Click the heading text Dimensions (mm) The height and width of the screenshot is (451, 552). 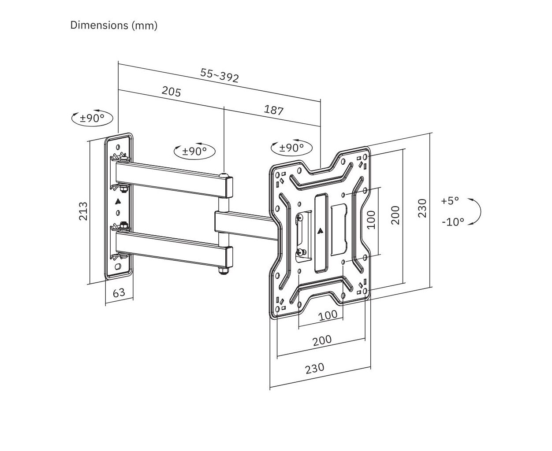click(x=114, y=25)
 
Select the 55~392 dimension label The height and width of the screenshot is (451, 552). click(x=220, y=75)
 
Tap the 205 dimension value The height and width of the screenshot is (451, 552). click(x=171, y=91)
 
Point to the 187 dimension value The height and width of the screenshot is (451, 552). click(x=273, y=110)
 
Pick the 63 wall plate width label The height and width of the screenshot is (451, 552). click(x=119, y=292)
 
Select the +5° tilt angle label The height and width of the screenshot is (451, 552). click(x=450, y=201)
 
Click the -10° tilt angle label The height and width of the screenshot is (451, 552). click(x=453, y=222)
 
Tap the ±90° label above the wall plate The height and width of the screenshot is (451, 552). click(x=92, y=118)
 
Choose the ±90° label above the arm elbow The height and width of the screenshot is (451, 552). click(x=194, y=151)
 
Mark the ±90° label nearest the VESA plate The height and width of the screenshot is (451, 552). click(x=291, y=148)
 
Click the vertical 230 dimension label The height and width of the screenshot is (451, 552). click(x=422, y=208)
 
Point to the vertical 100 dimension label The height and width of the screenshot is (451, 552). click(x=371, y=219)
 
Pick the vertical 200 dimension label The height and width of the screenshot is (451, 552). click(x=395, y=215)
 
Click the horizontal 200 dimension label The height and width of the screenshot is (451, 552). click(x=322, y=340)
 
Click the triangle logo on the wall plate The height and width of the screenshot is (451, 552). click(x=117, y=202)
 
